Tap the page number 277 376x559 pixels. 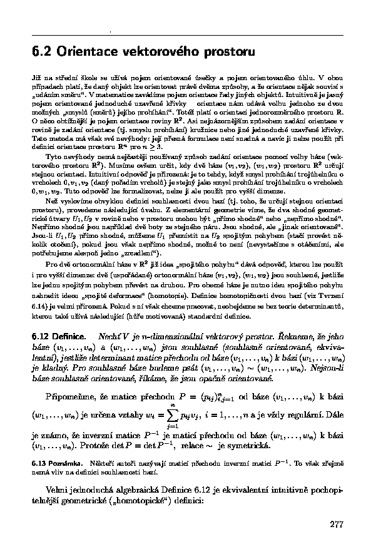[x=337, y=524]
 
